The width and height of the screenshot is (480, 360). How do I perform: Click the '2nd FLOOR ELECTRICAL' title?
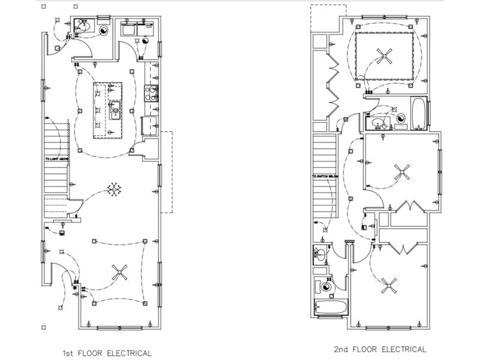click(380, 349)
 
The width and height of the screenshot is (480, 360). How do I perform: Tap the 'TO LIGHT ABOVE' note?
click(57, 159)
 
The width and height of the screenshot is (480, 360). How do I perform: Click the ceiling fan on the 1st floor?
click(121, 274)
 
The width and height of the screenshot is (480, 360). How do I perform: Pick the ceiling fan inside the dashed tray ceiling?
click(385, 58)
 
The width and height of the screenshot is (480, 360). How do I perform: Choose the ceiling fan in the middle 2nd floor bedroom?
click(400, 172)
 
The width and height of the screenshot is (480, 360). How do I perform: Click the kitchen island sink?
click(115, 109)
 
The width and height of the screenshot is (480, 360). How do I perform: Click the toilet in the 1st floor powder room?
click(104, 30)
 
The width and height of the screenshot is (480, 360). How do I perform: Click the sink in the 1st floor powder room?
click(85, 27)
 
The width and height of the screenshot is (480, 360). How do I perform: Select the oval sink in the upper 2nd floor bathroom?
click(378, 123)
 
